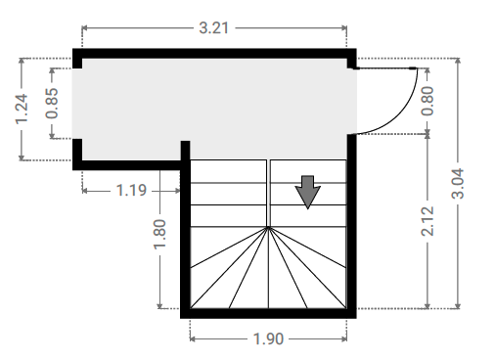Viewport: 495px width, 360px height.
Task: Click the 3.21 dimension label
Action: point(214,28)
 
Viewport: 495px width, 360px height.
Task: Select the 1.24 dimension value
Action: point(22,109)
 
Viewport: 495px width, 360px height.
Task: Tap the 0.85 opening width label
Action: point(52,103)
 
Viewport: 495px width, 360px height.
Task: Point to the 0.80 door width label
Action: point(427,101)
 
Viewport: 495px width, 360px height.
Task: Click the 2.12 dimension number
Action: point(427,221)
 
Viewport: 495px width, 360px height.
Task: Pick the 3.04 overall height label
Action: point(458,184)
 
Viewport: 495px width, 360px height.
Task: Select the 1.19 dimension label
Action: point(131,191)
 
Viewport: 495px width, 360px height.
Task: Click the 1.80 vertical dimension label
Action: point(159,235)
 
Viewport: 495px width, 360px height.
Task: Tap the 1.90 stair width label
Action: point(268,339)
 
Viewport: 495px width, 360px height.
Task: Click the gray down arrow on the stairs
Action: point(307,192)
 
